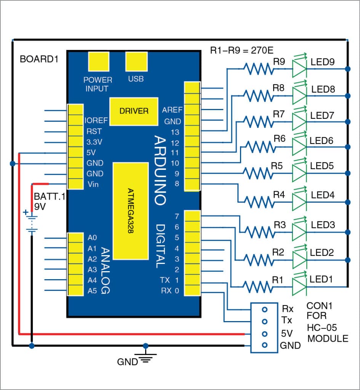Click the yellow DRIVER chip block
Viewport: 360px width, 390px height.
(x=134, y=111)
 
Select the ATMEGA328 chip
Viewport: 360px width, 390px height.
(x=131, y=211)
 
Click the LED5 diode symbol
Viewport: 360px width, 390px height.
(x=299, y=173)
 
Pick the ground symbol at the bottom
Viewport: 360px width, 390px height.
(x=145, y=358)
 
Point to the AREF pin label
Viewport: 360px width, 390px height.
(x=172, y=110)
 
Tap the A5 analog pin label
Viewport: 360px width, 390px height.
(x=92, y=291)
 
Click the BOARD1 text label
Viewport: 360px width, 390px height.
(x=39, y=59)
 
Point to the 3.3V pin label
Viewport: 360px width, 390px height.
(x=94, y=142)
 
